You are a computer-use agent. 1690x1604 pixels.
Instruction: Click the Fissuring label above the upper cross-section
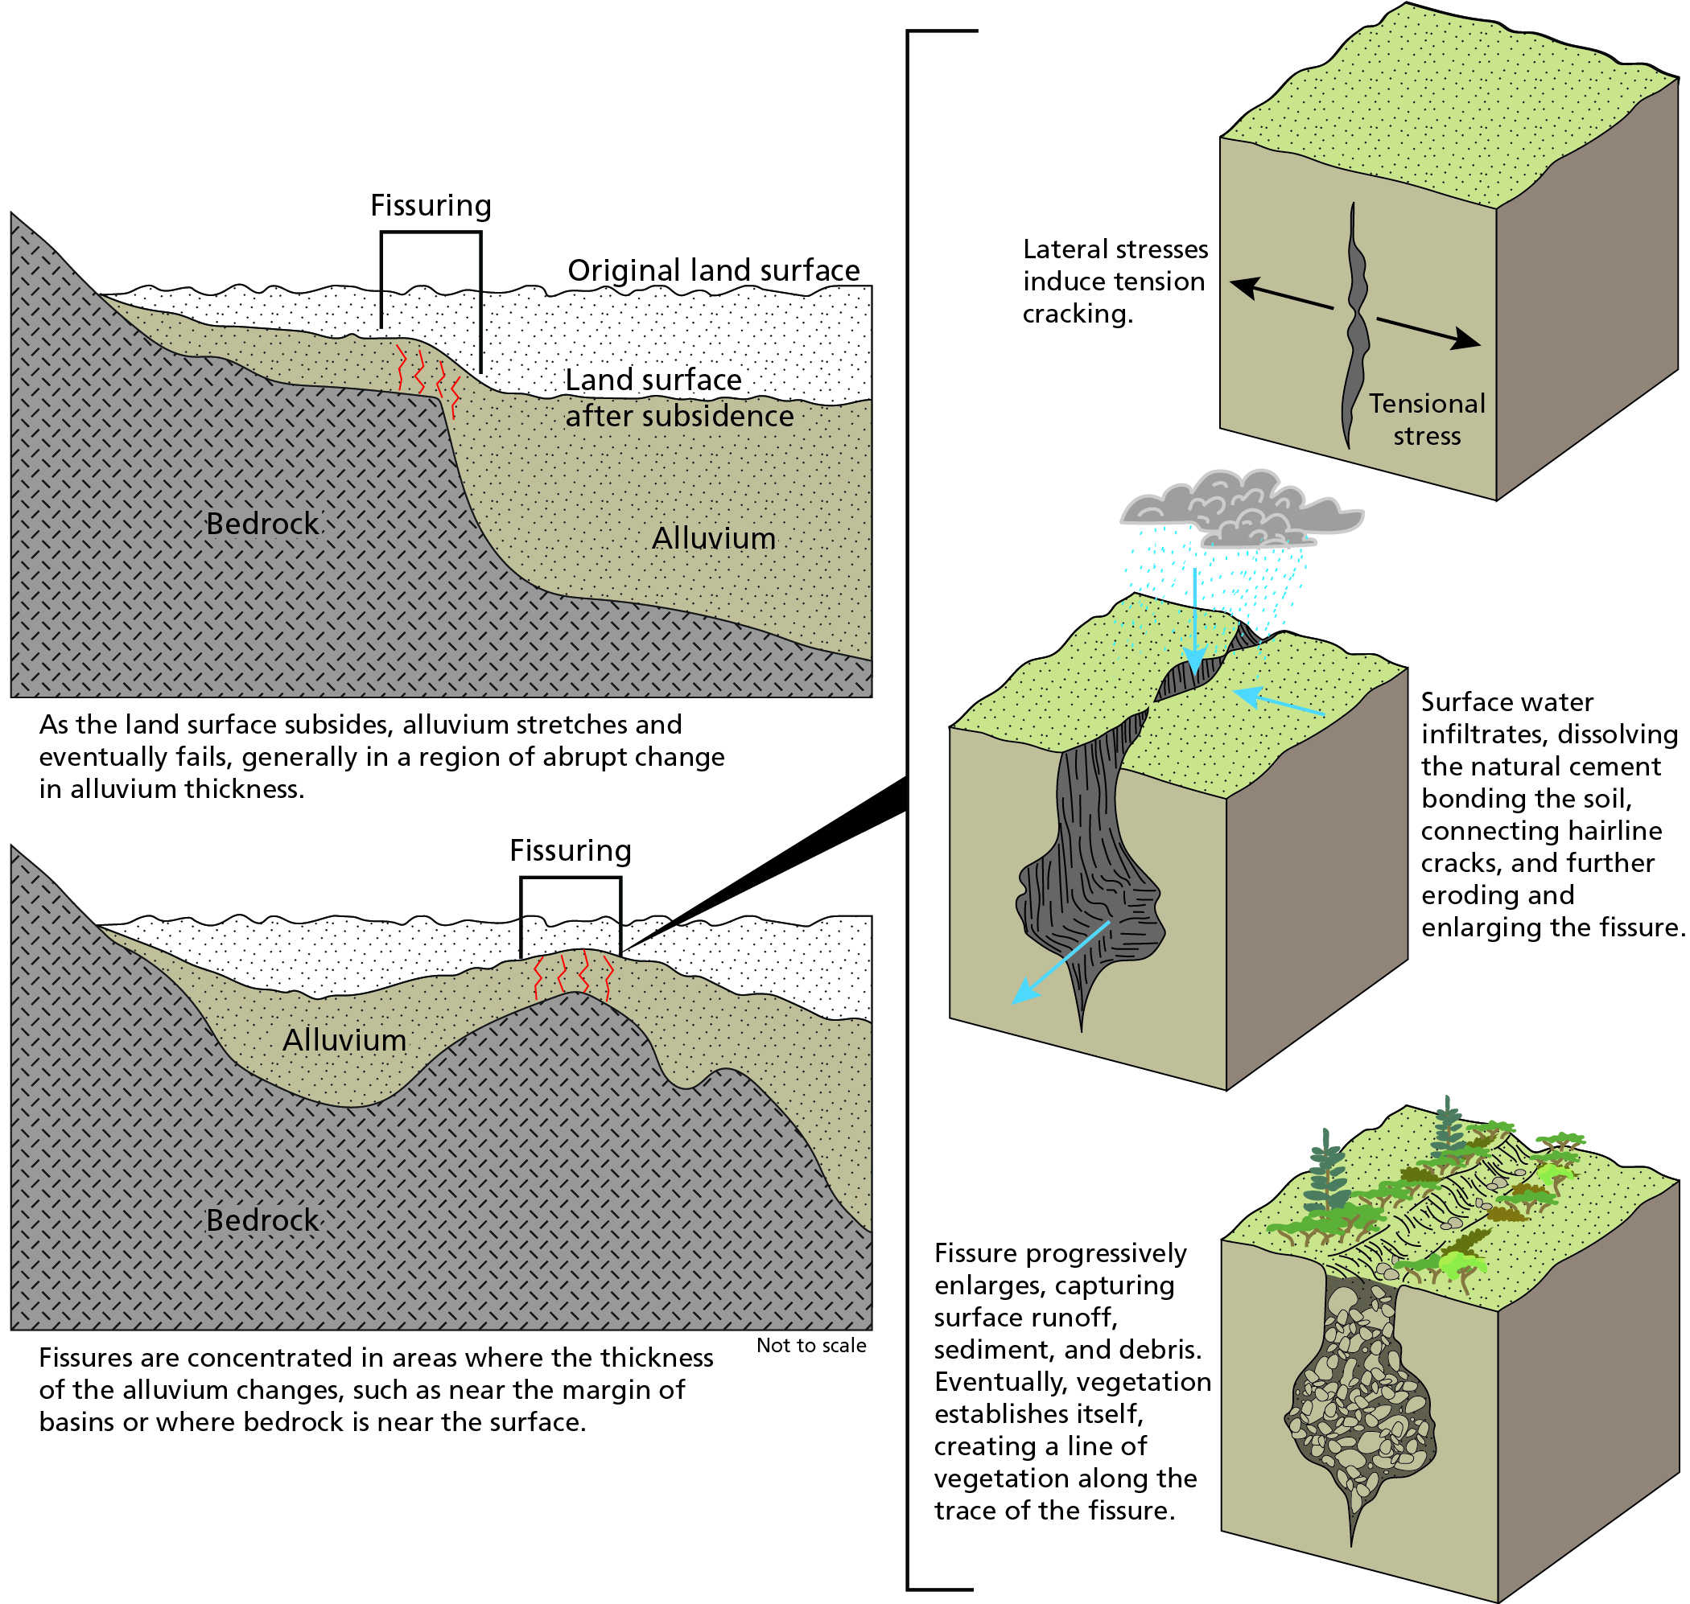click(431, 205)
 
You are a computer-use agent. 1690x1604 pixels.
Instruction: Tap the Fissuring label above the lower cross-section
click(570, 850)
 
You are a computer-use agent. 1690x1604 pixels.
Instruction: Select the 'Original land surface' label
click(713, 270)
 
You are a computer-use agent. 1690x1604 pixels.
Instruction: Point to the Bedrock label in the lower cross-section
click(262, 1219)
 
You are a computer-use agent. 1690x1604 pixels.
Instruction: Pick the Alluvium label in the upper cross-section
click(713, 538)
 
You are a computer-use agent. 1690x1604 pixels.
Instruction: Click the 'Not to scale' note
click(810, 1345)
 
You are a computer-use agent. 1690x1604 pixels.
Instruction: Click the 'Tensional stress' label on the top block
click(1427, 419)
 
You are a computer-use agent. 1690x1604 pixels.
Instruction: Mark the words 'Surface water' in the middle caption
click(1507, 702)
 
